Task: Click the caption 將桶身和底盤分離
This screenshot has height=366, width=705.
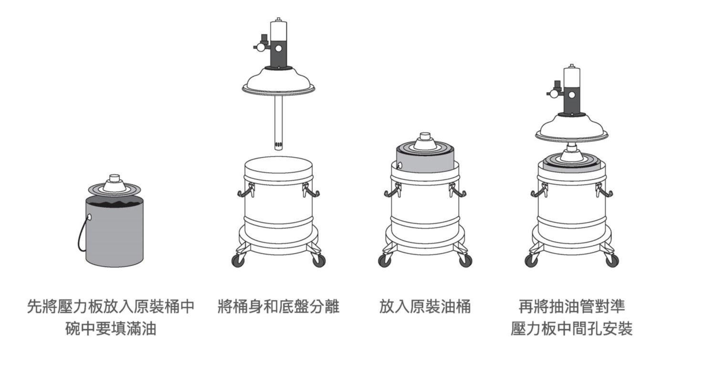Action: (278, 306)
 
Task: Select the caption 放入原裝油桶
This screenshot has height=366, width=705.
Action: (425, 306)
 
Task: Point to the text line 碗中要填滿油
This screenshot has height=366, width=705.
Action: (111, 329)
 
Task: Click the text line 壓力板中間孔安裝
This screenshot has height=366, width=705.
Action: (571, 329)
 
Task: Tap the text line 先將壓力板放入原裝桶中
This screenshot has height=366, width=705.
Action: (111, 306)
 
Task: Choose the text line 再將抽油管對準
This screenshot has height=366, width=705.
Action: (571, 306)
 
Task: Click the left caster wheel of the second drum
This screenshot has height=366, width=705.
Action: (238, 261)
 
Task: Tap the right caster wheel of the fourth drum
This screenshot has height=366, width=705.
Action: (612, 260)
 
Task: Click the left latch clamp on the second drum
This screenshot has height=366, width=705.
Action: (244, 192)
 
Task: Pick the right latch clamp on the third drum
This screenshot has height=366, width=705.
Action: (457, 192)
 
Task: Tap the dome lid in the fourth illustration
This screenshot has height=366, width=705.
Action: (571, 128)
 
